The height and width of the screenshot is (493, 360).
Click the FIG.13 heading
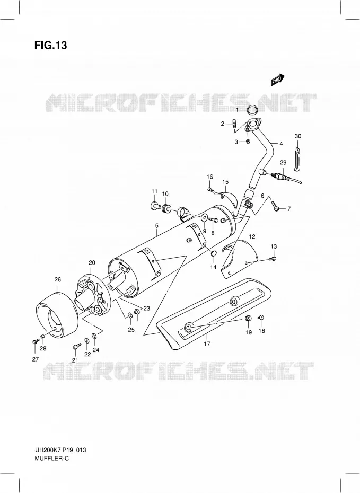[50, 45]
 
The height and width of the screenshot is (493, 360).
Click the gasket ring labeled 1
[251, 110]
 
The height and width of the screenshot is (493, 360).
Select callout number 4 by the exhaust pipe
[281, 144]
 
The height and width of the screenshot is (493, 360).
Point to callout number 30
[298, 136]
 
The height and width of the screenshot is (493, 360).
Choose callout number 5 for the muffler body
[156, 225]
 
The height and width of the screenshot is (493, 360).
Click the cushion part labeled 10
[166, 208]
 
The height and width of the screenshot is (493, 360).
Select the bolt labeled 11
[155, 206]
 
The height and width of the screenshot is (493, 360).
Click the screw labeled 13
[273, 259]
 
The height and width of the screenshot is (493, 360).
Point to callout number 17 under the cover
[207, 344]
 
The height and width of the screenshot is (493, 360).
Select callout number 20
[92, 262]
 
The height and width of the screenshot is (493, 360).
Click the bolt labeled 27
[34, 341]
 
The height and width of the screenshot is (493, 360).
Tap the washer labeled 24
[94, 337]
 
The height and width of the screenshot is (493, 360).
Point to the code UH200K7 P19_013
[60, 450]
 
